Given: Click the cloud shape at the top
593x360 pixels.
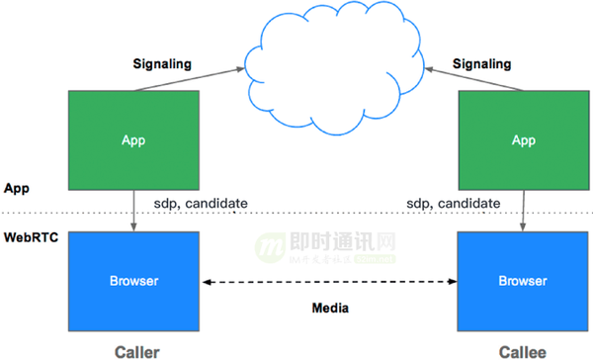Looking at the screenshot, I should click(x=336, y=54).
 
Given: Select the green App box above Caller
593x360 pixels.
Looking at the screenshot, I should click(x=132, y=139).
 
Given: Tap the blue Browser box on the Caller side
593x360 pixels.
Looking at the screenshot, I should click(x=132, y=280).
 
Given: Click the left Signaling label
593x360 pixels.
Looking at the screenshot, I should click(x=162, y=64).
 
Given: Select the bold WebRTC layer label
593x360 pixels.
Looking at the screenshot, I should click(x=29, y=237).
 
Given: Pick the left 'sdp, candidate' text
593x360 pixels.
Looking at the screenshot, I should click(x=200, y=204).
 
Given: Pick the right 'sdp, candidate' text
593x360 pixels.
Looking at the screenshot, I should click(x=453, y=204).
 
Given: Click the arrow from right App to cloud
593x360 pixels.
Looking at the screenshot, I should click(x=465, y=78).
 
